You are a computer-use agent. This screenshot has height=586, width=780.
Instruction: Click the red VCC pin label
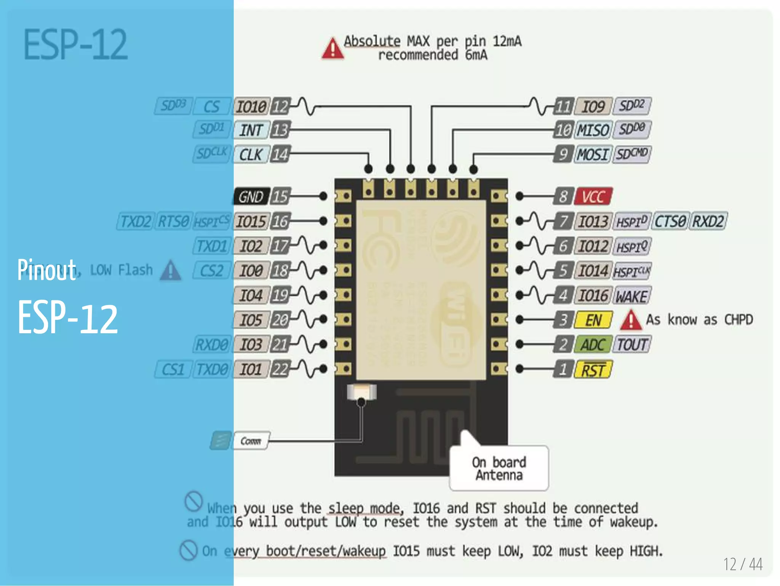pyautogui.click(x=593, y=196)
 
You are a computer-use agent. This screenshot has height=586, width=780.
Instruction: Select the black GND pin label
pyautogui.click(x=251, y=196)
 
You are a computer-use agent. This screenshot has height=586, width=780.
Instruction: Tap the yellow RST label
pyautogui.click(x=593, y=369)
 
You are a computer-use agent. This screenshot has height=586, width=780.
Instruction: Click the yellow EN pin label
pyautogui.click(x=593, y=320)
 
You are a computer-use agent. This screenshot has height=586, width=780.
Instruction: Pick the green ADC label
pyautogui.click(x=593, y=345)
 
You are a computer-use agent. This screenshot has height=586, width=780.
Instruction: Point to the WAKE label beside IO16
pyautogui.click(x=631, y=296)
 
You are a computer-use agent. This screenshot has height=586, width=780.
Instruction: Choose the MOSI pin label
pyautogui.click(x=593, y=154)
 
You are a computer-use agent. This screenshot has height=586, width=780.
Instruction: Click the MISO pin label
pyautogui.click(x=593, y=130)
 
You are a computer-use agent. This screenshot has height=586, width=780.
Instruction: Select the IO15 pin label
pyautogui.click(x=251, y=222)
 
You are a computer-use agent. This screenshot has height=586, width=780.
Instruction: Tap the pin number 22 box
pyautogui.click(x=280, y=369)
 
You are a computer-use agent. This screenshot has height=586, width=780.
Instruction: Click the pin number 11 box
pyautogui.click(x=563, y=106)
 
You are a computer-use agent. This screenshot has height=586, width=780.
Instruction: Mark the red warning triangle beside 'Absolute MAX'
pyautogui.click(x=332, y=49)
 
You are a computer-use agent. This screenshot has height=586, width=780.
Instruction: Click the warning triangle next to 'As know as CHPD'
pyautogui.click(x=631, y=320)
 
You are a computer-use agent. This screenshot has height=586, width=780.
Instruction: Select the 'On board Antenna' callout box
pyautogui.click(x=499, y=468)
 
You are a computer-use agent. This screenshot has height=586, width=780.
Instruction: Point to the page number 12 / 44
pyautogui.click(x=743, y=564)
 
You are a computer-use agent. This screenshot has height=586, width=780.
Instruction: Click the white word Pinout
pyautogui.click(x=46, y=270)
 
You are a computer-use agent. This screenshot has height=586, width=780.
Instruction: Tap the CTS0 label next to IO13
pyautogui.click(x=670, y=221)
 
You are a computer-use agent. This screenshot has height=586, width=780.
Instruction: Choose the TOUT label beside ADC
pyautogui.click(x=631, y=345)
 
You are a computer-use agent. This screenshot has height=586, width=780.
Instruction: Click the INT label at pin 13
pyautogui.click(x=251, y=130)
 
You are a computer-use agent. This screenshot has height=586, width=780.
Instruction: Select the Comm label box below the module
pyautogui.click(x=251, y=441)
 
